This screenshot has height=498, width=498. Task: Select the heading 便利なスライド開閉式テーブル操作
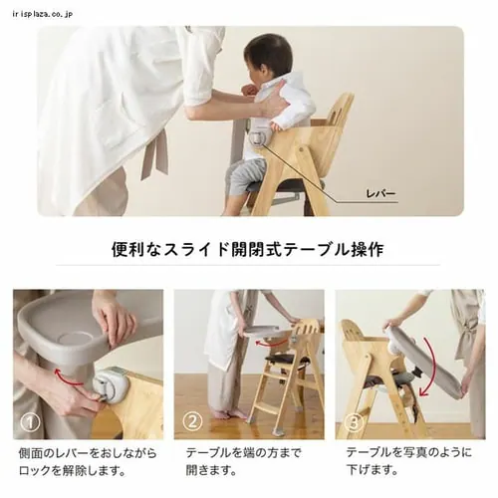pos(248,248)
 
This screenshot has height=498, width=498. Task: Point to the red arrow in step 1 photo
pos(68,375)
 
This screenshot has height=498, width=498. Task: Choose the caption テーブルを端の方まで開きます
pos(244,460)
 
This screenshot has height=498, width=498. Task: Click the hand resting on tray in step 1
pos(116,316)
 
